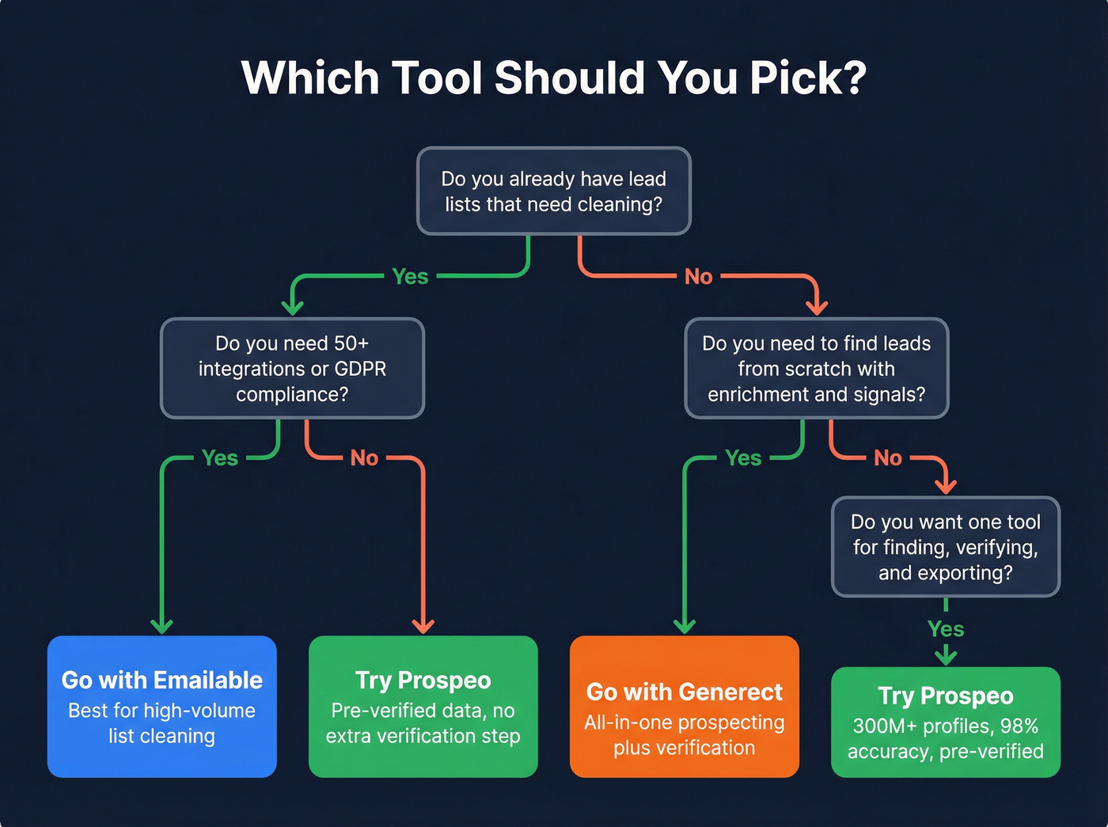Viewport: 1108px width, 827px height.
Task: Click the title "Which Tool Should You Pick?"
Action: (x=553, y=78)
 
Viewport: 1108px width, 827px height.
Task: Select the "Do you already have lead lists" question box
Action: (x=553, y=191)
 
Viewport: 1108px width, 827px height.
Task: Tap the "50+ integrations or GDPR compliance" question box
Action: (x=292, y=368)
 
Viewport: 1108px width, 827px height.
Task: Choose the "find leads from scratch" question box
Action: (x=816, y=368)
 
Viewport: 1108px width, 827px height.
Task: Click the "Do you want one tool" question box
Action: (x=945, y=547)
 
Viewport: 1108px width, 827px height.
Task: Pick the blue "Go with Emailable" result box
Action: (x=162, y=706)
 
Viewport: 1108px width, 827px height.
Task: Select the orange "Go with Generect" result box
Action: (x=684, y=706)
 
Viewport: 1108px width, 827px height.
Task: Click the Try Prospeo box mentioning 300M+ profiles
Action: (x=945, y=722)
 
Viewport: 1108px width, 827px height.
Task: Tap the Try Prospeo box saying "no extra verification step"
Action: (x=423, y=706)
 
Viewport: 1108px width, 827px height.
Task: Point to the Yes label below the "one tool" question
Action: (x=946, y=629)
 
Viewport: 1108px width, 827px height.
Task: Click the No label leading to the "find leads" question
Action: (x=698, y=276)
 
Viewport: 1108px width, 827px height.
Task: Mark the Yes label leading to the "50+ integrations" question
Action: (x=410, y=276)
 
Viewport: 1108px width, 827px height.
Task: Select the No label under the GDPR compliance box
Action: (x=364, y=457)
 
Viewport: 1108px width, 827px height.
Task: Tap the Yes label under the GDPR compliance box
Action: (x=220, y=457)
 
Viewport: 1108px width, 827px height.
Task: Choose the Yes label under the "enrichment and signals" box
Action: (x=743, y=457)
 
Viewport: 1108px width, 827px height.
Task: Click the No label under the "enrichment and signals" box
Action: (x=888, y=457)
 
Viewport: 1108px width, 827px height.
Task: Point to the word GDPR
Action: (x=360, y=369)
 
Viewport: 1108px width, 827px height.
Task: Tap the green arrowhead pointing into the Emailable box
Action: (x=162, y=626)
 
